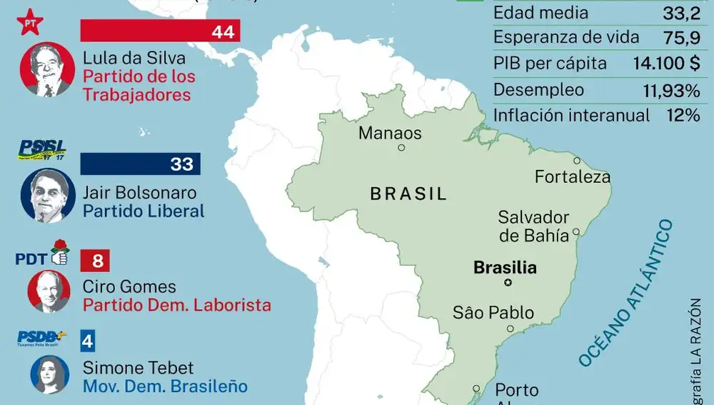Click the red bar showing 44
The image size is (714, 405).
pyautogui.click(x=160, y=31)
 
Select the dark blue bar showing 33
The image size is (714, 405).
pyautogui.click(x=140, y=164)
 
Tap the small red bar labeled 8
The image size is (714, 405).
pyautogui.click(x=97, y=261)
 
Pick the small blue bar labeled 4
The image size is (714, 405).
pyautogui.click(x=88, y=340)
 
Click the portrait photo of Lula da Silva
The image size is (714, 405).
pyautogui.click(x=48, y=69)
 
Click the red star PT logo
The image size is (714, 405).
pyautogui.click(x=31, y=22)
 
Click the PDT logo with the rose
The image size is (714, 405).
pyautogui.click(x=42, y=255)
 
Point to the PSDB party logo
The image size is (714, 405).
pyautogui.click(x=42, y=337)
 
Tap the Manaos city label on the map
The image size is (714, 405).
pyautogui.click(x=390, y=133)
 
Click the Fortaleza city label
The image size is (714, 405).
pyautogui.click(x=573, y=176)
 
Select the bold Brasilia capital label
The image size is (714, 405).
pyautogui.click(x=505, y=269)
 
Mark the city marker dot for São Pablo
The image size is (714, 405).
pyautogui.click(x=510, y=329)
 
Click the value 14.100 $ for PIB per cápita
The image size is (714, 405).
pyautogui.click(x=665, y=64)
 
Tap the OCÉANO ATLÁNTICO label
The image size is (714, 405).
pyautogui.click(x=625, y=294)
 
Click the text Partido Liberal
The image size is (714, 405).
pyautogui.click(x=144, y=211)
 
